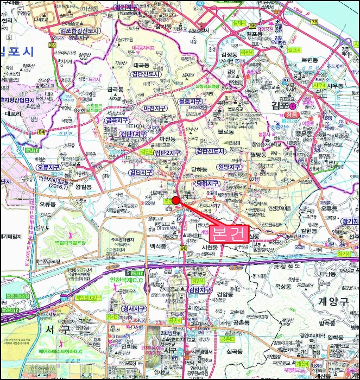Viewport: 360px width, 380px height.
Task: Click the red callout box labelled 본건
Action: click(x=229, y=233)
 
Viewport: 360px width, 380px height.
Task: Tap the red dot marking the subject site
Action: click(x=175, y=200)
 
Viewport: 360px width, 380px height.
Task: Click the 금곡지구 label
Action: click(x=117, y=120)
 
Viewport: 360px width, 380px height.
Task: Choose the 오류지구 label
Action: click(x=49, y=168)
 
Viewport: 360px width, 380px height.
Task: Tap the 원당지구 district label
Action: click(x=228, y=167)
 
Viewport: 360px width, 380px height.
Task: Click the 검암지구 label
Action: click(x=201, y=290)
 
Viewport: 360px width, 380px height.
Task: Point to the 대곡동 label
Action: click(x=129, y=65)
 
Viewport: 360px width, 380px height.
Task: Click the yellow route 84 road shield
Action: click(x=41, y=131)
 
